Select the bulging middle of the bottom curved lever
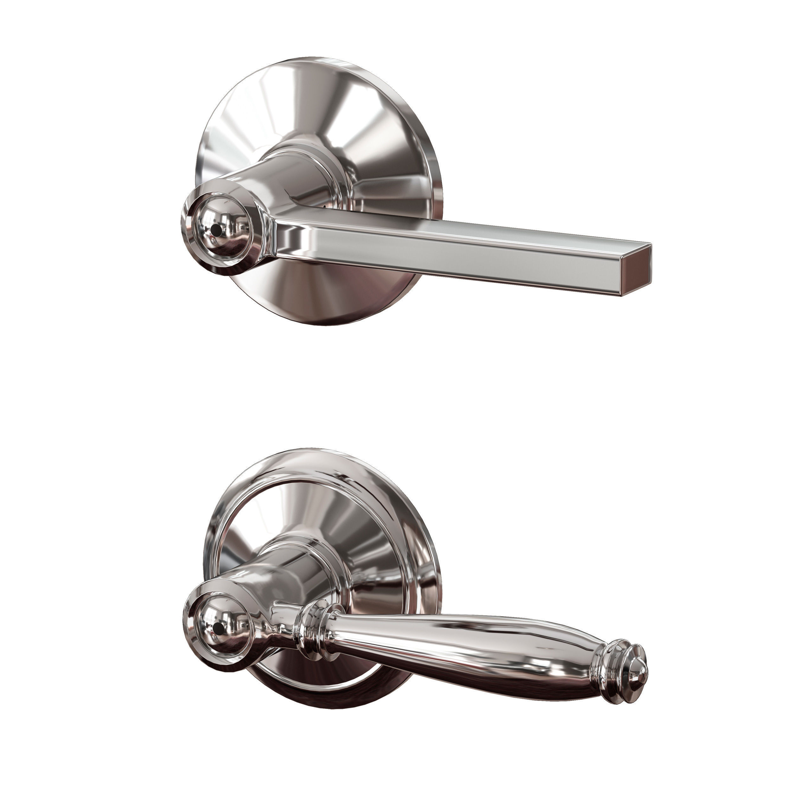point(471,640)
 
